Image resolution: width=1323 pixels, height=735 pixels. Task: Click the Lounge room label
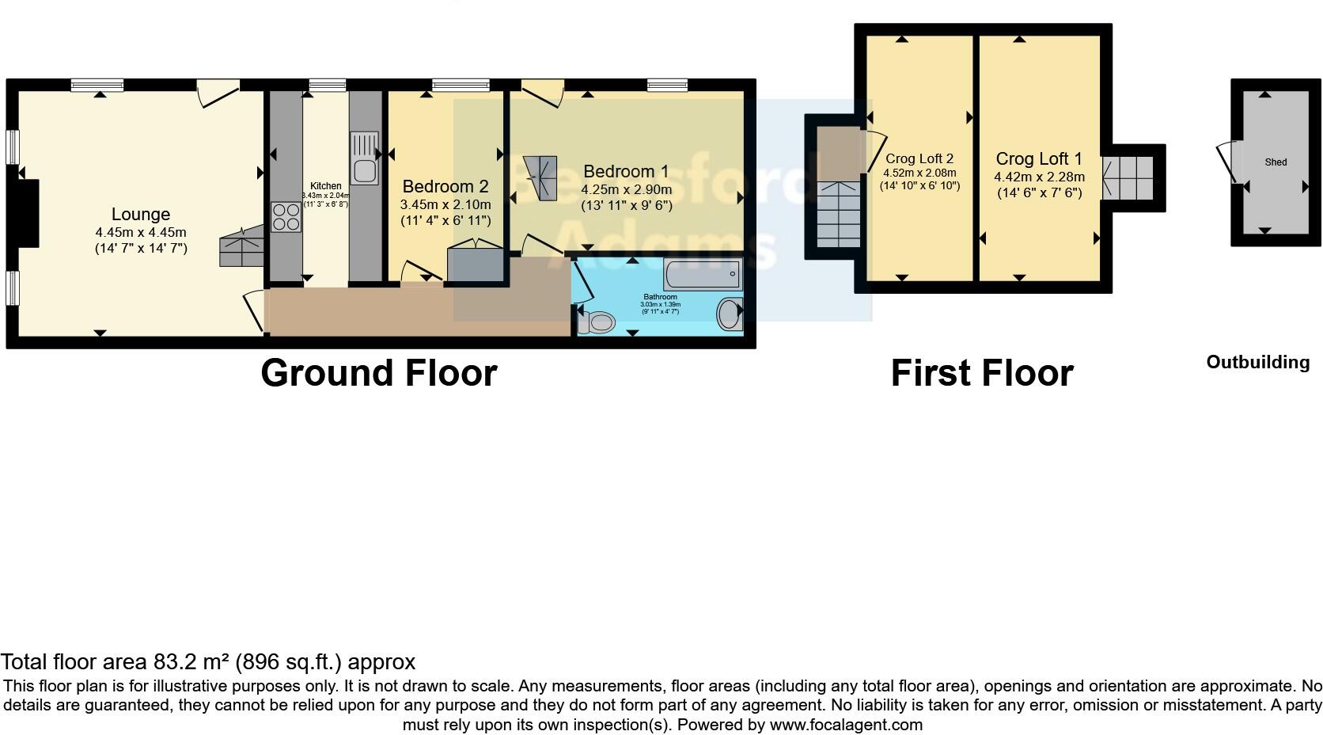click(x=140, y=214)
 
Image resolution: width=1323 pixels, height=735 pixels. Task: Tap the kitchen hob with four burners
click(x=286, y=217)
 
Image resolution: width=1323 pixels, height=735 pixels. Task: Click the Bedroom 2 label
click(x=445, y=187)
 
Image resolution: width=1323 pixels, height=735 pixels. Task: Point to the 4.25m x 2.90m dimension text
click(x=626, y=189)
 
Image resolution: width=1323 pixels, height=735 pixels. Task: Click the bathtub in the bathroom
click(x=702, y=275)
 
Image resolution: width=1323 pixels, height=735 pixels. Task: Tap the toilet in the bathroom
click(x=597, y=322)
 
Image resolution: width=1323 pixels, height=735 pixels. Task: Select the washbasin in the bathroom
click(x=730, y=314)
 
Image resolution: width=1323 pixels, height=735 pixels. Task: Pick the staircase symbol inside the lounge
click(x=241, y=247)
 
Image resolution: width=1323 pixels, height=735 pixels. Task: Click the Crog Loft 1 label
click(x=1038, y=159)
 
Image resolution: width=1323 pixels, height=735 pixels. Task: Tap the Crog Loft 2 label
click(x=919, y=159)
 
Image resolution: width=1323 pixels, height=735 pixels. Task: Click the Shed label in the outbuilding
click(x=1276, y=162)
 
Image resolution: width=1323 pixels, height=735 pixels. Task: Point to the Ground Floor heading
click(x=378, y=373)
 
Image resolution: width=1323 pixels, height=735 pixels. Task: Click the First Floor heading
click(x=981, y=373)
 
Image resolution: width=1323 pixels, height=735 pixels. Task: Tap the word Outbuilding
click(x=1257, y=362)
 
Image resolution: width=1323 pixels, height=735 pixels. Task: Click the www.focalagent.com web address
click(x=845, y=724)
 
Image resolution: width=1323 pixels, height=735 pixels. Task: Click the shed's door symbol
click(x=1229, y=162)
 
